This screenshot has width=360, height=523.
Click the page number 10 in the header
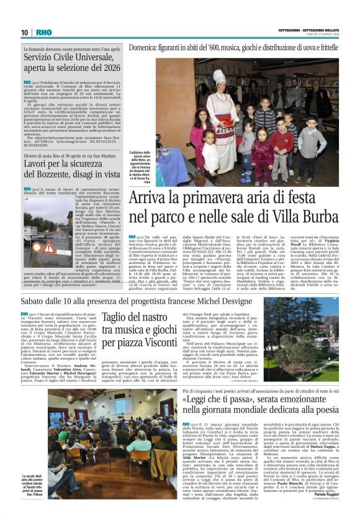tap(25, 32)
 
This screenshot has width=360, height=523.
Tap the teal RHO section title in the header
tap(43, 32)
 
